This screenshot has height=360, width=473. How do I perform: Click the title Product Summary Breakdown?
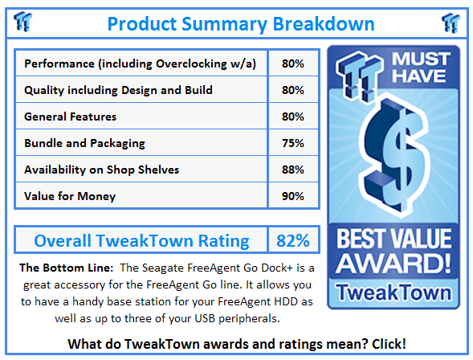(240, 23)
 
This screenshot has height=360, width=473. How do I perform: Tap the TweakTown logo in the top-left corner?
(24, 22)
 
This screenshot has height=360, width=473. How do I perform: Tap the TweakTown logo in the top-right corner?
(450, 22)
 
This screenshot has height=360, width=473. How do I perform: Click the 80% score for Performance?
(292, 63)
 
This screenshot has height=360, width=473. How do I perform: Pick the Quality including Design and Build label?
(118, 90)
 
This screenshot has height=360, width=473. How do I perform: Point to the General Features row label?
(71, 117)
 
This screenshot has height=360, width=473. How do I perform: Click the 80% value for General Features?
(292, 117)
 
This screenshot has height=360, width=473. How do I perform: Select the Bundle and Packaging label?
(84, 143)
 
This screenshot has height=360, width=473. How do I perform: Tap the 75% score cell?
(292, 143)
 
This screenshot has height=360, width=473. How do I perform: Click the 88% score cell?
(292, 170)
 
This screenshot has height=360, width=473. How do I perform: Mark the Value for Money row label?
(70, 196)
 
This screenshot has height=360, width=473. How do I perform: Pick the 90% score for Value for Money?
(292, 196)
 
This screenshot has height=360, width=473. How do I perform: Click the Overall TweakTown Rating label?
(141, 240)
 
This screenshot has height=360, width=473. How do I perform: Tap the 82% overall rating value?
(292, 240)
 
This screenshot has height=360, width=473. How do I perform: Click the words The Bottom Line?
(59, 267)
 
